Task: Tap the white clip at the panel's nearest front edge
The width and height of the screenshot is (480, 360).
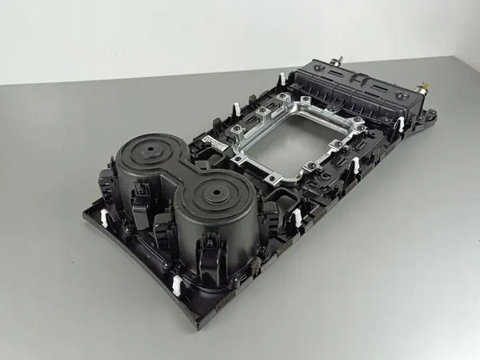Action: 175,282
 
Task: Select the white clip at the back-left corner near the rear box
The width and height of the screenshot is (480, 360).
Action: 281,81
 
